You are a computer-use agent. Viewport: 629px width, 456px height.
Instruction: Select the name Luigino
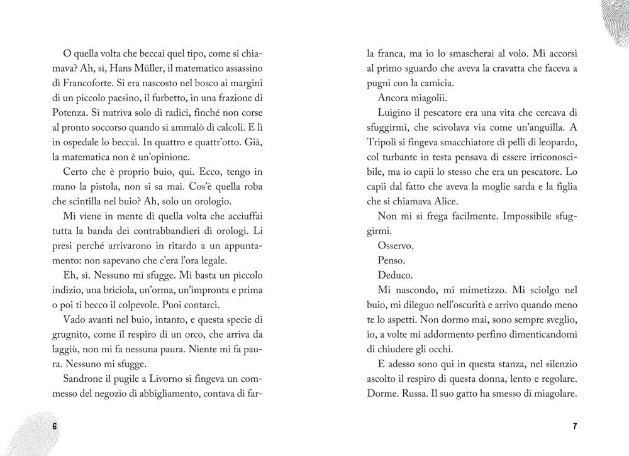pyautogui.click(x=396, y=113)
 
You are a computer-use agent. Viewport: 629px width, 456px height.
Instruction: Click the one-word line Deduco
pyautogui.click(x=395, y=275)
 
